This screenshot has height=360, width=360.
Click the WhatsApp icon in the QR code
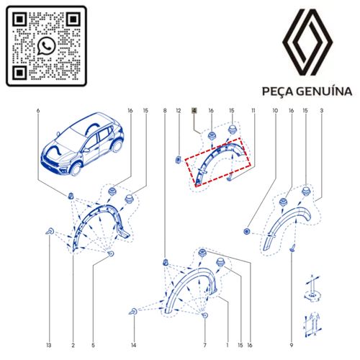click(46, 46)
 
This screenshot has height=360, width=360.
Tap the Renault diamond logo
click(307, 42)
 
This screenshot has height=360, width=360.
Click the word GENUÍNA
click(324, 91)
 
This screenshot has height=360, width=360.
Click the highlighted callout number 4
click(194, 111)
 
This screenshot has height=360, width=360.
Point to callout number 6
click(38, 111)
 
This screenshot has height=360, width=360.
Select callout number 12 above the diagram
click(179, 111)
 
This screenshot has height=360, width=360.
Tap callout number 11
click(253, 111)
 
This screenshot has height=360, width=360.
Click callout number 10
click(275, 111)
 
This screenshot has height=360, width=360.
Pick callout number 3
click(322, 111)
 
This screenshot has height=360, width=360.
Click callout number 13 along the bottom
click(49, 346)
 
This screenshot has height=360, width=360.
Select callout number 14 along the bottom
click(134, 346)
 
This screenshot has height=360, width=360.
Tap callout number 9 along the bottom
click(292, 346)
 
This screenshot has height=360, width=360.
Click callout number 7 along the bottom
click(204, 346)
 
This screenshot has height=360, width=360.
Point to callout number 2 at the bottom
click(73, 346)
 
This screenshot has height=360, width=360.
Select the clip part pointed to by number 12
click(179, 159)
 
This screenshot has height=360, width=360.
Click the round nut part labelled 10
click(246, 232)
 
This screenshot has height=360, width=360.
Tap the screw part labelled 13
click(50, 232)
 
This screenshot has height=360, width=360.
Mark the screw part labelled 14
click(133, 312)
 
